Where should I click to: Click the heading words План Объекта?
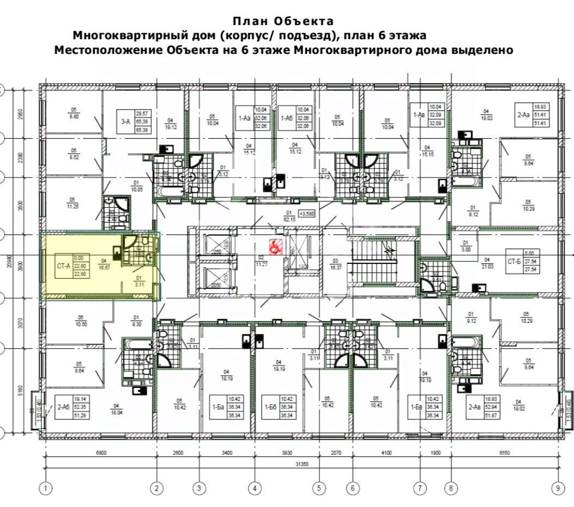pyautogui.click(x=283, y=22)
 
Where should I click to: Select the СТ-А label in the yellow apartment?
pyautogui.click(x=64, y=266)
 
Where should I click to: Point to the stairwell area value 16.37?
pyautogui.click(x=336, y=267)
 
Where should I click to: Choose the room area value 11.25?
pyautogui.click(x=71, y=206)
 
